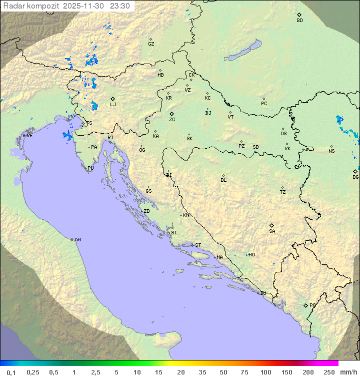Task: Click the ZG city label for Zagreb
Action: coord(172,120)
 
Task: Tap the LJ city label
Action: coord(113,105)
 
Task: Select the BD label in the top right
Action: coord(299,21)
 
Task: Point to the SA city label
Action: coord(272,231)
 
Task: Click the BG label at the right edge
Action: coord(355,177)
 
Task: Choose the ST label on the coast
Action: coord(198,245)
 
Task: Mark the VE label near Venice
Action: coord(29,136)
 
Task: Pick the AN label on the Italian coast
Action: coord(77,240)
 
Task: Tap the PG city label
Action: coord(312,305)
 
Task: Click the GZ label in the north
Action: coord(151,44)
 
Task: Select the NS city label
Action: coord(331,151)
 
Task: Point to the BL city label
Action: coord(223,180)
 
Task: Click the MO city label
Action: coord(251,255)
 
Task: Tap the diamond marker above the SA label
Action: coord(272,225)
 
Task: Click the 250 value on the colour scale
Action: coord(329,372)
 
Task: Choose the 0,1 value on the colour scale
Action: coord(11,372)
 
